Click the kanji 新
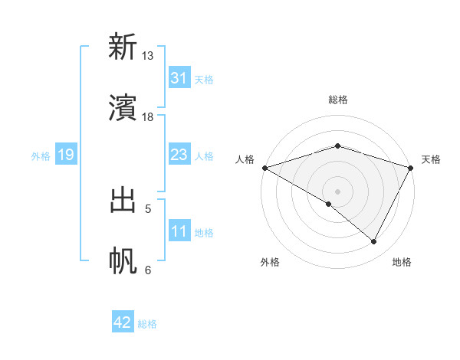pyautogui.click(x=123, y=47)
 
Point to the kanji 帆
pyautogui.click(x=123, y=261)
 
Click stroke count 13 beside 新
pyautogui.click(x=148, y=56)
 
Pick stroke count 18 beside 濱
pyautogui.click(x=148, y=116)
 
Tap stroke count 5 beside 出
pyautogui.click(x=148, y=208)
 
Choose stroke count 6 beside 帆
pyautogui.click(x=148, y=270)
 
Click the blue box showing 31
pyautogui.click(x=179, y=78)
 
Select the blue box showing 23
pyautogui.click(x=179, y=155)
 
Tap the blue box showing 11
pyautogui.click(x=179, y=232)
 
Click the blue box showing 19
pyautogui.click(x=65, y=155)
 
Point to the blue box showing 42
pyautogui.click(x=123, y=323)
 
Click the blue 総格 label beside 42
pyautogui.click(x=147, y=324)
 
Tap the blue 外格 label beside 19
pyautogui.click(x=41, y=156)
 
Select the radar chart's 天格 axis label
pyautogui.click(x=431, y=159)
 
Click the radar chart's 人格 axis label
pyautogui.click(x=244, y=159)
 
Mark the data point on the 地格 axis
pyautogui.click(x=374, y=242)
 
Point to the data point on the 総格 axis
pyautogui.click(x=337, y=146)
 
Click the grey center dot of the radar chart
pyautogui.click(x=337, y=191)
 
